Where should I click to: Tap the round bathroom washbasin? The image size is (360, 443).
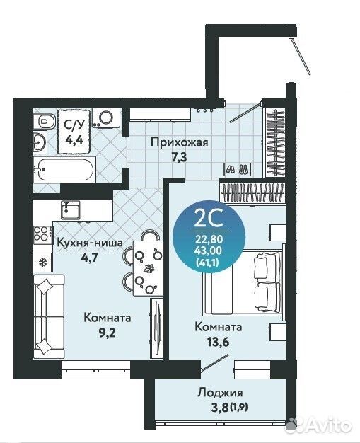40,142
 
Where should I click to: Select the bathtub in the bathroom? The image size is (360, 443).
64,169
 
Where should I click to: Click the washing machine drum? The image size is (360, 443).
107,117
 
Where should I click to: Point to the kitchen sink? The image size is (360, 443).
71,210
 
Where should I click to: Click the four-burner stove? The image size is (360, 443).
43,235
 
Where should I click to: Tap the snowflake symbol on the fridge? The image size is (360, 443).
42,263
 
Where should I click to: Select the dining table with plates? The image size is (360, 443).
148,267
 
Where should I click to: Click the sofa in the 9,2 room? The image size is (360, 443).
49,317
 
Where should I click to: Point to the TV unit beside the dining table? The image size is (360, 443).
156,326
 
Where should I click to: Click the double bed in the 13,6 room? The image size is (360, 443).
243,282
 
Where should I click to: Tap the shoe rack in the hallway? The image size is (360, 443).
238,169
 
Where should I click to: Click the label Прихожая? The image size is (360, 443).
180,142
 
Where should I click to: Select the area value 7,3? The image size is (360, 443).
180,156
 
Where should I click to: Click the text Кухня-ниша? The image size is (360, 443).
90,243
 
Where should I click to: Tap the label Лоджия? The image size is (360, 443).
220,393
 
